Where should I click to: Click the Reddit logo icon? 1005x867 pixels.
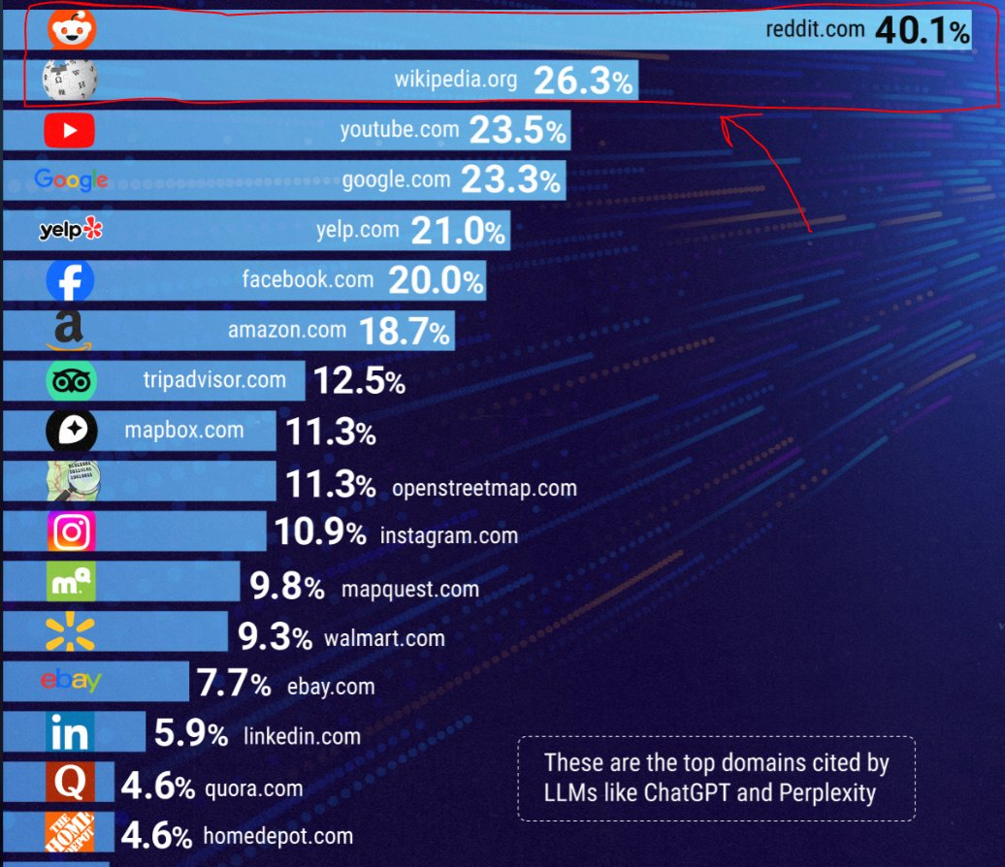pyautogui.click(x=67, y=30)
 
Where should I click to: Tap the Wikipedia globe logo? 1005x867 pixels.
pyautogui.click(x=70, y=80)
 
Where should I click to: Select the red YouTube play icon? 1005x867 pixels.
pyautogui.click(x=69, y=130)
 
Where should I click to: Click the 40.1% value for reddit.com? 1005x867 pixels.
pyautogui.click(x=922, y=31)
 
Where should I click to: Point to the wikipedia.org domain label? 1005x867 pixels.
pyautogui.click(x=456, y=80)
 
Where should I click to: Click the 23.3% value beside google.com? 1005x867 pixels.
pyautogui.click(x=511, y=180)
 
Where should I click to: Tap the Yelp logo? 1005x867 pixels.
pyautogui.click(x=70, y=230)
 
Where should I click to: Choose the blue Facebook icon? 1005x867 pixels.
pyautogui.click(x=70, y=281)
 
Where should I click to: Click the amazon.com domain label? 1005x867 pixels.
pyautogui.click(x=287, y=330)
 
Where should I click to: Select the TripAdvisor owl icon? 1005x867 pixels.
pyautogui.click(x=71, y=381)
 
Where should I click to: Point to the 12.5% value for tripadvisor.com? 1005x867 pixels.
pyautogui.click(x=359, y=382)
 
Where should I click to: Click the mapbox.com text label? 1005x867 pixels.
pyautogui.click(x=184, y=430)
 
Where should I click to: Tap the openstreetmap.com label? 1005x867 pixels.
pyautogui.click(x=484, y=487)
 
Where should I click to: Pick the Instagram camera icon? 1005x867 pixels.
pyautogui.click(x=70, y=531)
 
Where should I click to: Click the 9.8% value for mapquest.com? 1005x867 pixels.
pyautogui.click(x=287, y=587)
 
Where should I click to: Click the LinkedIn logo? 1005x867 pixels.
pyautogui.click(x=70, y=734)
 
